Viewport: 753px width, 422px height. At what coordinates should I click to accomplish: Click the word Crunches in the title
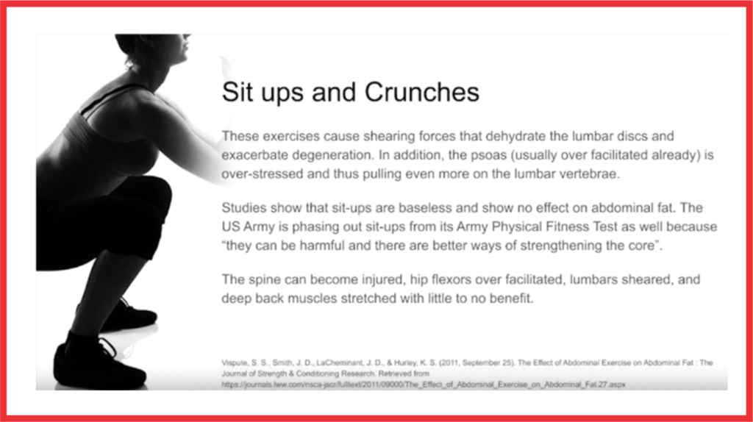click(x=421, y=92)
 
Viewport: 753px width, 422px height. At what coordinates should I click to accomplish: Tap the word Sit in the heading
click(x=238, y=92)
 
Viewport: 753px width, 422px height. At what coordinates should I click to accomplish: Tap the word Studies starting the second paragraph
click(x=243, y=208)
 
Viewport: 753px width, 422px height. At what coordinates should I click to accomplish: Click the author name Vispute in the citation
click(x=235, y=363)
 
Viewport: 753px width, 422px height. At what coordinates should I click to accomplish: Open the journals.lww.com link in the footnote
click(x=423, y=385)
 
